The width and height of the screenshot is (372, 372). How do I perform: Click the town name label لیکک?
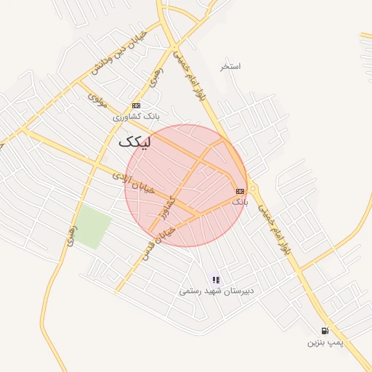point(137,142)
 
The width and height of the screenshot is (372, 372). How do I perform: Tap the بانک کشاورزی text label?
point(135,116)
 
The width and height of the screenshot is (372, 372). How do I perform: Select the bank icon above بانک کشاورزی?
point(136,105)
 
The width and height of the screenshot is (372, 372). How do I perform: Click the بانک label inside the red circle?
point(240,201)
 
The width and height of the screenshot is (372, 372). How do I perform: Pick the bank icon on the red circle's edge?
point(240,190)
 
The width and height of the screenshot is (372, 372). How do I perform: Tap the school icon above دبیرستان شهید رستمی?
point(216,279)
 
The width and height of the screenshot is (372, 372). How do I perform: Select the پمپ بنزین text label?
point(324,341)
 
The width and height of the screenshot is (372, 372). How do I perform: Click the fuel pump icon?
point(325,330)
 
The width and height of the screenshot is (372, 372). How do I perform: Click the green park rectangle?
point(92,227)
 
